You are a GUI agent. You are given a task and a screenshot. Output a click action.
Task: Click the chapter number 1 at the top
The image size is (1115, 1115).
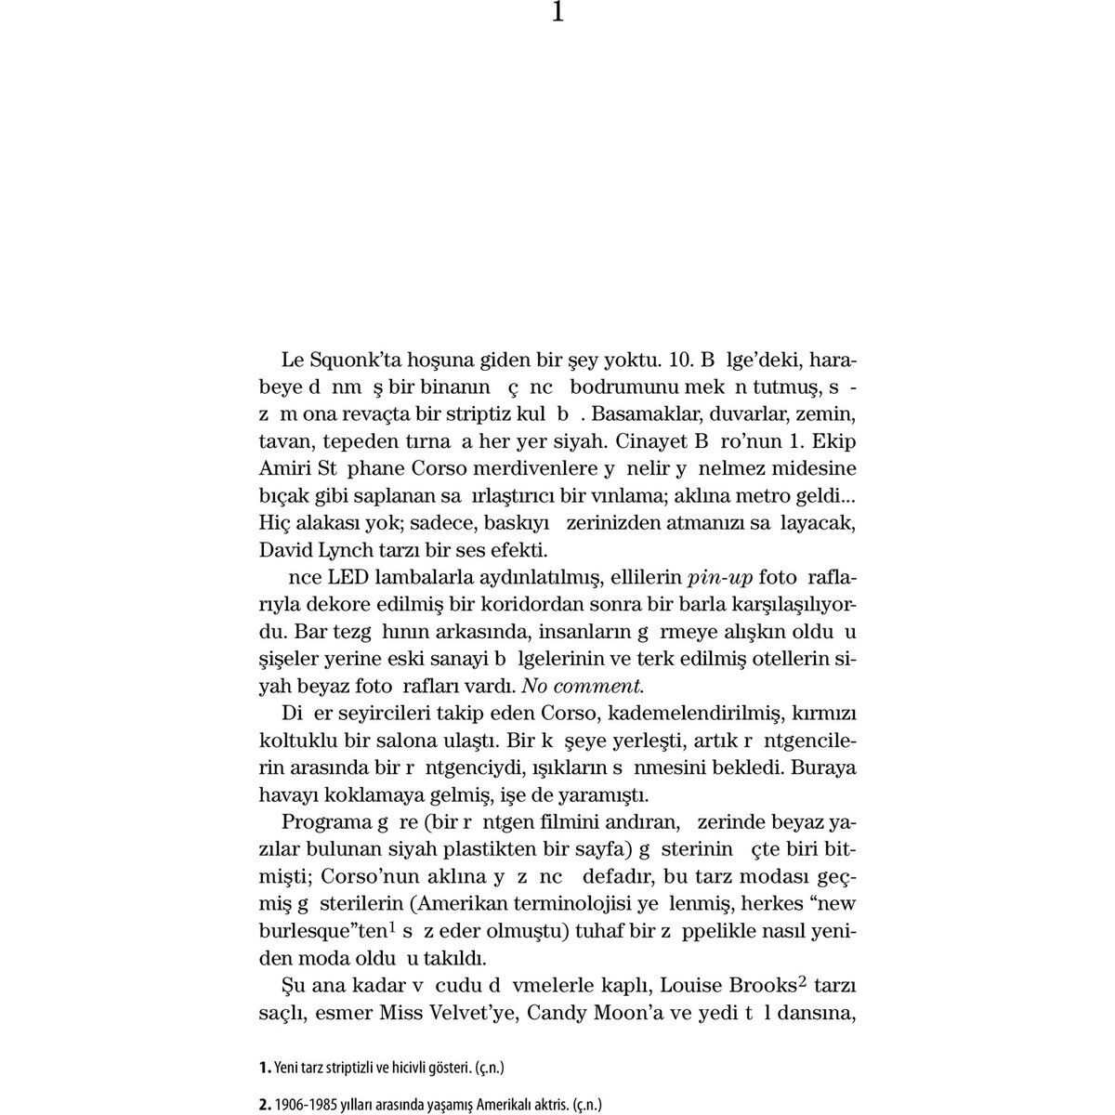coord(557,12)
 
